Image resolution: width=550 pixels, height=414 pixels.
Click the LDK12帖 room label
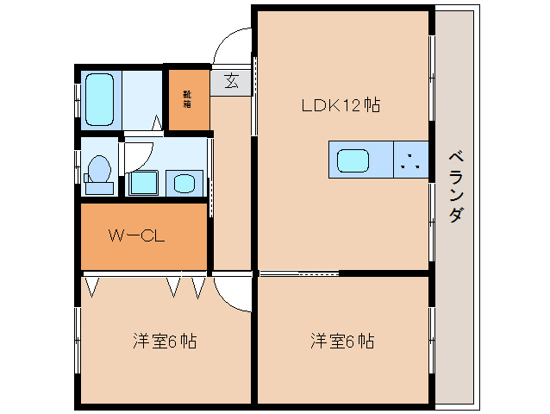[x=341, y=106]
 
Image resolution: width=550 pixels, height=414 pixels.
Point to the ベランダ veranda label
[x=455, y=186]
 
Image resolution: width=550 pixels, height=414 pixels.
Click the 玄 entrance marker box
[x=231, y=81]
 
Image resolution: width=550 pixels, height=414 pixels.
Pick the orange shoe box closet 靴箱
[x=188, y=98]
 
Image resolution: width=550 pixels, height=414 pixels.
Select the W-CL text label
[x=136, y=235]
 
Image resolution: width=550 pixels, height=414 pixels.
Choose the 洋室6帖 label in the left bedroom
[x=165, y=341]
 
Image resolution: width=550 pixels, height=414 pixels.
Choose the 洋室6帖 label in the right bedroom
[x=342, y=341]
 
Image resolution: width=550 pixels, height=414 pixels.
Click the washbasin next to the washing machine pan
[x=184, y=183]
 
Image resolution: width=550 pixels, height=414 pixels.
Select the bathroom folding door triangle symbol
[x=157, y=123]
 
